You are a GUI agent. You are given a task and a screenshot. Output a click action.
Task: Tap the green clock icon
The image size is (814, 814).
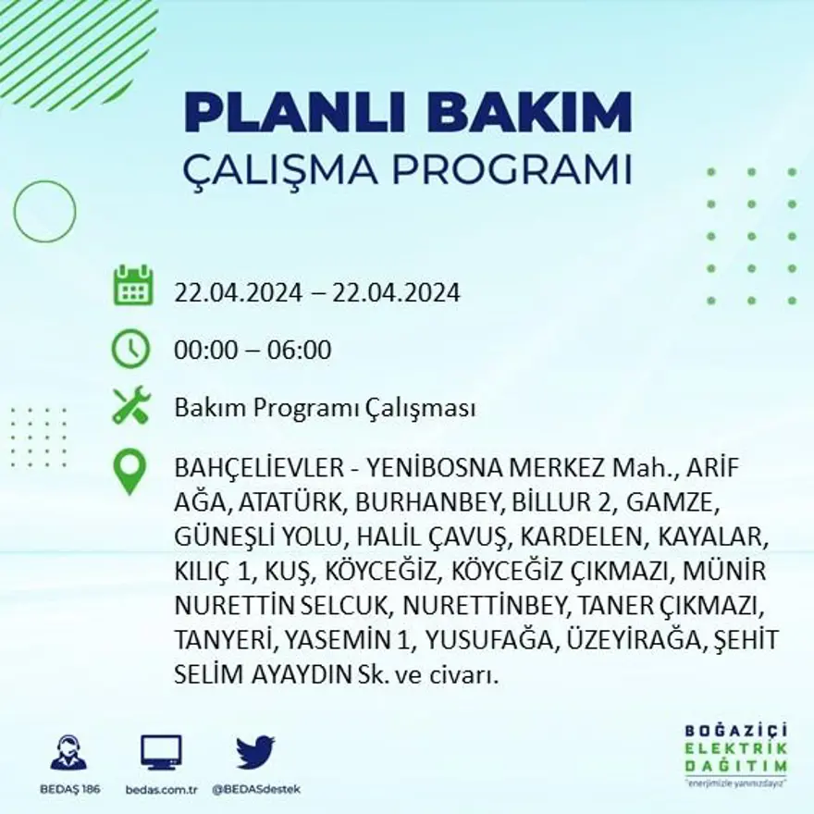[130, 349]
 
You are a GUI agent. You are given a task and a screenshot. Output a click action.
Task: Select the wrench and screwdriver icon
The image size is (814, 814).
[130, 406]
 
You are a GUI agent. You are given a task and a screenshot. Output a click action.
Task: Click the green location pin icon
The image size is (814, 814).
[129, 471]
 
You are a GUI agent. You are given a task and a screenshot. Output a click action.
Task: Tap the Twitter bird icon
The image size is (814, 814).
[254, 752]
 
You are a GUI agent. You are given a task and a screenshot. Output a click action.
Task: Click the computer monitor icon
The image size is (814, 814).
[161, 753]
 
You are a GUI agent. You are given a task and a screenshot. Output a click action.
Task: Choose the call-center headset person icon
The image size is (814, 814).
[68, 752]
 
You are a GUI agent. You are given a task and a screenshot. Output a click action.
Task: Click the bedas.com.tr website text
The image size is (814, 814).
[161, 789]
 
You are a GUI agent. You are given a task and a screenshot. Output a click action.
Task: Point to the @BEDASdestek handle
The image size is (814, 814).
[255, 789]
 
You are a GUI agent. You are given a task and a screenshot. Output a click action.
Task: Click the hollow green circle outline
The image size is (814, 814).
[44, 211]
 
